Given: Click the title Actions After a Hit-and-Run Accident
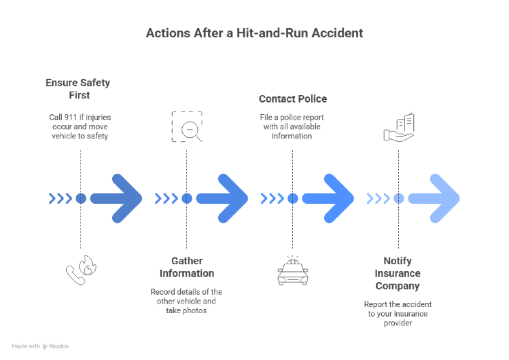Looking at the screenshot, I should click(x=254, y=33).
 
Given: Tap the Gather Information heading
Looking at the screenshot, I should click(x=186, y=268).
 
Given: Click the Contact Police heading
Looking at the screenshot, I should click(x=292, y=99).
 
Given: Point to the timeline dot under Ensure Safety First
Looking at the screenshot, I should click(x=81, y=198).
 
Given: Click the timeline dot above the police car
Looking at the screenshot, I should click(x=292, y=198).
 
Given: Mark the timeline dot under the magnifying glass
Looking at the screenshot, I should click(x=186, y=198).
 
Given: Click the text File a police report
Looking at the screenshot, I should click(x=292, y=126).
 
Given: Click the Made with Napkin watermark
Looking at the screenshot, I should click(x=40, y=346).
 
